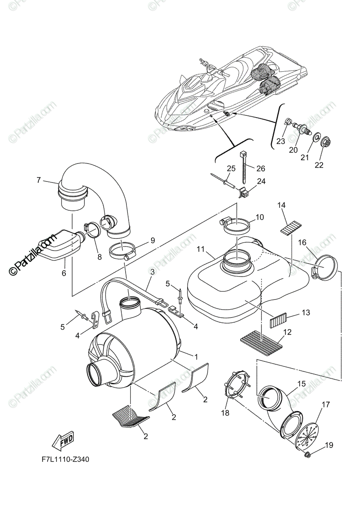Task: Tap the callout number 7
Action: pyautogui.click(x=39, y=180)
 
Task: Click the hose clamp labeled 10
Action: pyautogui.click(x=236, y=224)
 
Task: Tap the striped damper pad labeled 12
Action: pyautogui.click(x=262, y=339)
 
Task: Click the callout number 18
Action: pyautogui.click(x=225, y=413)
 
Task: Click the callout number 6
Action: pyautogui.click(x=64, y=273)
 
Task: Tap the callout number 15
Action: pyautogui.click(x=301, y=384)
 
